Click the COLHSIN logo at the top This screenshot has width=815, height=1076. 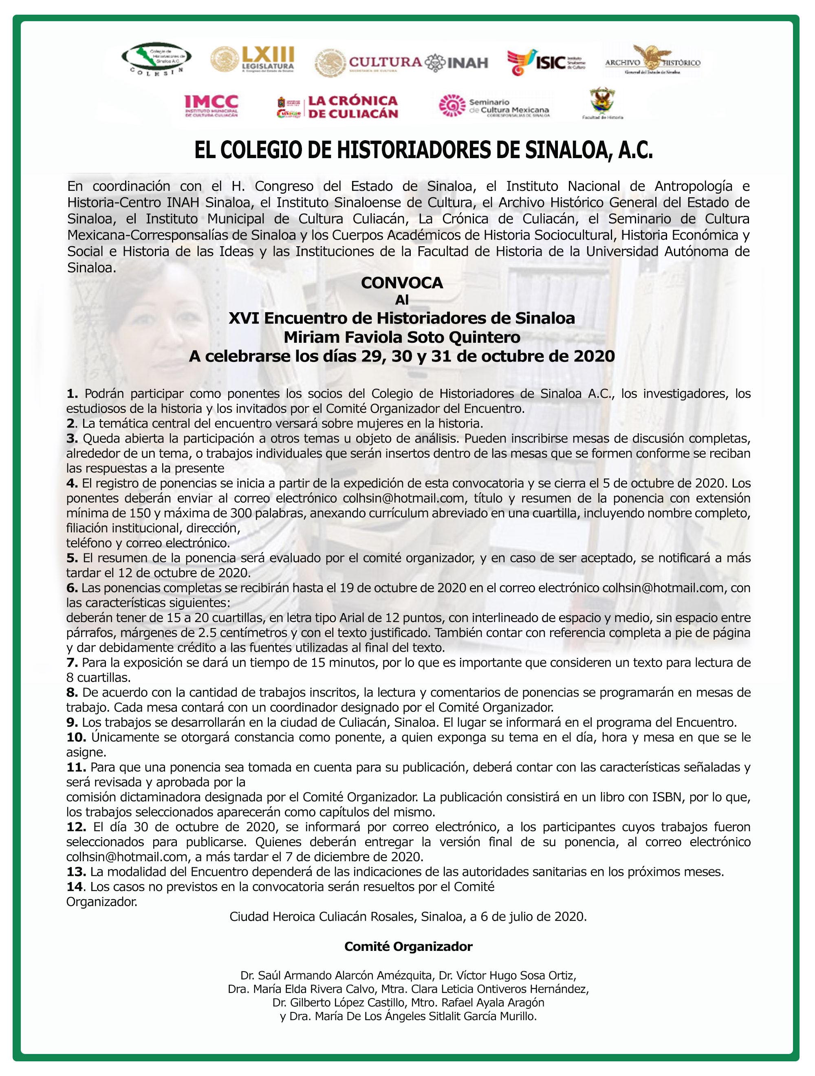click(x=156, y=60)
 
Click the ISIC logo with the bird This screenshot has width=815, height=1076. click(x=546, y=62)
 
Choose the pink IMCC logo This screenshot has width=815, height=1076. click(x=211, y=105)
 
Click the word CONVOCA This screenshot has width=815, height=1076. click(x=402, y=283)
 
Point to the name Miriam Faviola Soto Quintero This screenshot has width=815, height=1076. click(x=402, y=337)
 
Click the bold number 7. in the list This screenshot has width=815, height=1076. click(x=72, y=663)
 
